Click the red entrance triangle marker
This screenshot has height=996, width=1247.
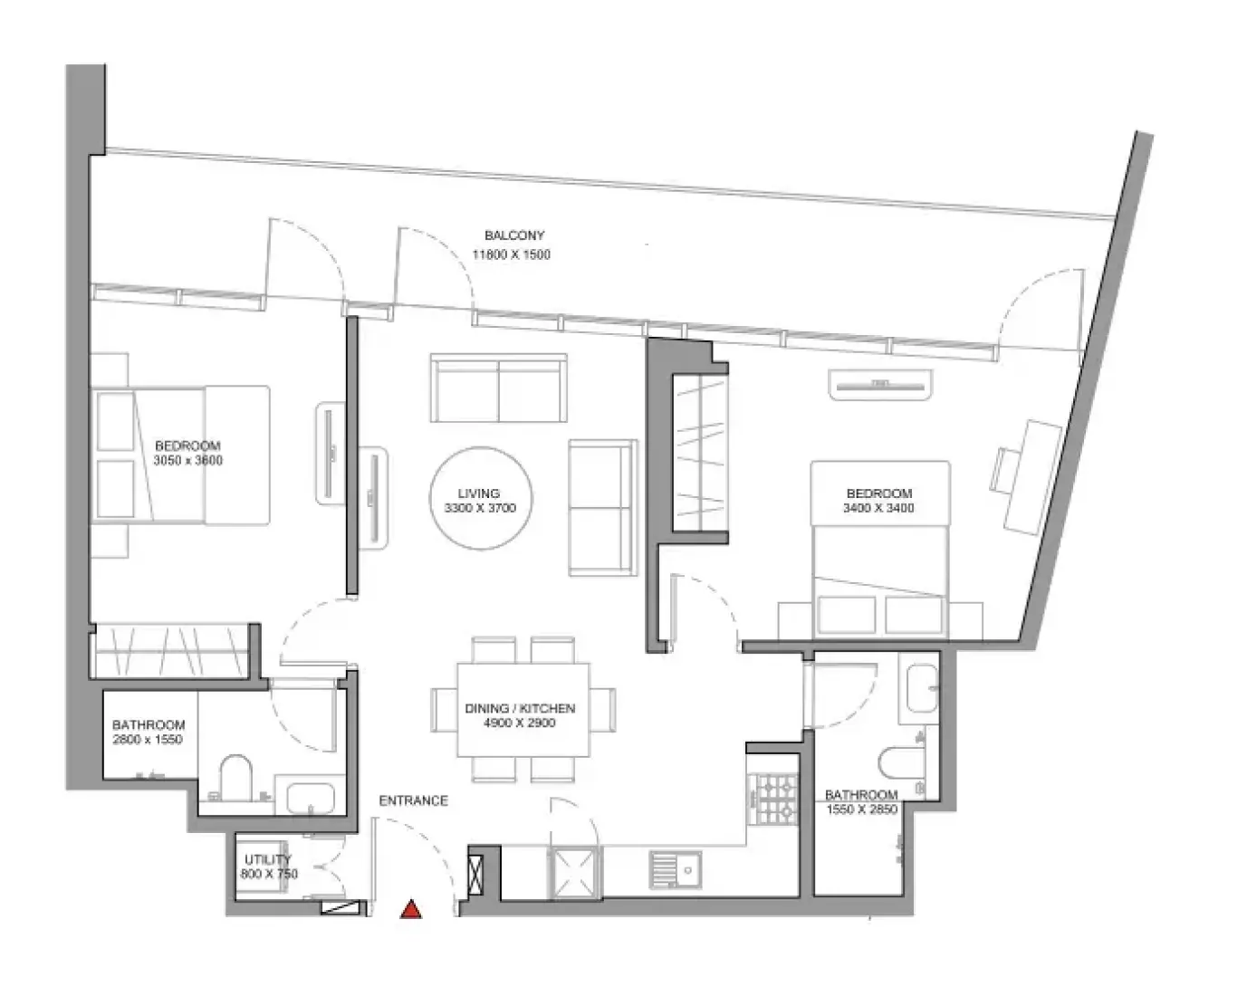click(411, 909)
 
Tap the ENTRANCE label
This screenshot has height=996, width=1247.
click(413, 800)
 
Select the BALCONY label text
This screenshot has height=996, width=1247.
click(514, 235)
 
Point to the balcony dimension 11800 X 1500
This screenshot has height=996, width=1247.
click(511, 254)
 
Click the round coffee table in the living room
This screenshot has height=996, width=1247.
click(481, 498)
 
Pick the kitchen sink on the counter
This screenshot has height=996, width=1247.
click(675, 870)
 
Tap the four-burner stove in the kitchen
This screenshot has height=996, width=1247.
click(774, 799)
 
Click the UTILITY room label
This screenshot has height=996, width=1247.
click(268, 859)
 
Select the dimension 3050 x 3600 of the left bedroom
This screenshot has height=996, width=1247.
click(187, 460)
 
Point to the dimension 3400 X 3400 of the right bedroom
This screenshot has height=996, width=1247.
click(878, 508)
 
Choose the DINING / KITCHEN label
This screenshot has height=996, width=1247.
click(520, 708)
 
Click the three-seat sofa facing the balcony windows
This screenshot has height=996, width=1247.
click(498, 388)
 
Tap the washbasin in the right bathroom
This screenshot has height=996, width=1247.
click(921, 688)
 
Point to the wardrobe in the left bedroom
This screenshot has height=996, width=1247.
click(172, 650)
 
